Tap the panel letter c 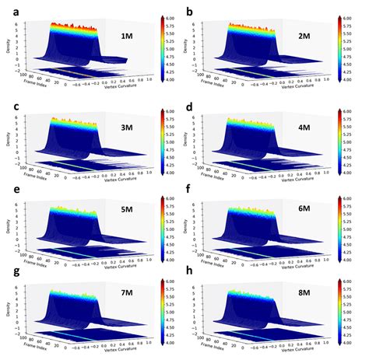(x=7, y=101)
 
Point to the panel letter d (x=190, y=101)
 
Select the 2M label (x=316, y=37)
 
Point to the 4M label (x=316, y=127)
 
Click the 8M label (x=316, y=300)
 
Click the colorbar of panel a (x=163, y=47)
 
